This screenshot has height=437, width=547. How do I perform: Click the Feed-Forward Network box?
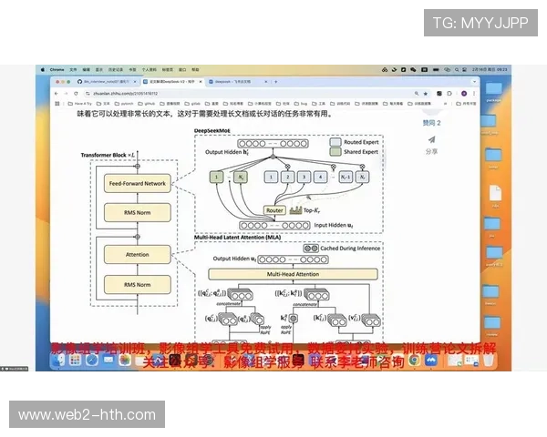(138, 184)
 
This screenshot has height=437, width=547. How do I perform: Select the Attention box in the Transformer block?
(138, 254)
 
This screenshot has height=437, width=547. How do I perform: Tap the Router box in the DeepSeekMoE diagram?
(274, 210)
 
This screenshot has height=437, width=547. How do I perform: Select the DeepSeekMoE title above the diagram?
(212, 131)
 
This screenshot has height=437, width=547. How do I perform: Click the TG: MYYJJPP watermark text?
(480, 23)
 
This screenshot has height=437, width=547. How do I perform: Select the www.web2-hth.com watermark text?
(88, 415)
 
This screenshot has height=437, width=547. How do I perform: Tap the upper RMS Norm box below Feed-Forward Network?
(138, 212)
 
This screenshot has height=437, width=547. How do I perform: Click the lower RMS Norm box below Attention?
(138, 285)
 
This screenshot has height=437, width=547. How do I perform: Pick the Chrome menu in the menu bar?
(55, 69)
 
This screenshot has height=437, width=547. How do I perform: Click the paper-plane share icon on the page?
(431, 139)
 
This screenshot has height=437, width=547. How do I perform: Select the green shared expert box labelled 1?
(216, 178)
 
